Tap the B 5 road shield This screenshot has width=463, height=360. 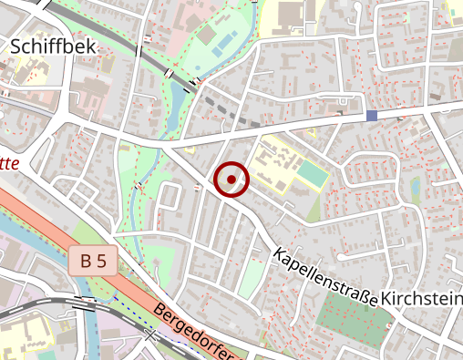click(x=93, y=262)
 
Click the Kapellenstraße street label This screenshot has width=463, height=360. click(x=324, y=277)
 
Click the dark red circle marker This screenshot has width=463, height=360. click(x=231, y=179)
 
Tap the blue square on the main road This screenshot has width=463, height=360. click(x=371, y=116)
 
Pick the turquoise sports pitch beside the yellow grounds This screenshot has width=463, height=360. click(x=311, y=174)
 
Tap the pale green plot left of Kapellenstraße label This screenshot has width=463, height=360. click(x=252, y=273)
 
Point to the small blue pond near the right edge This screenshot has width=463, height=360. click(x=416, y=188)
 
